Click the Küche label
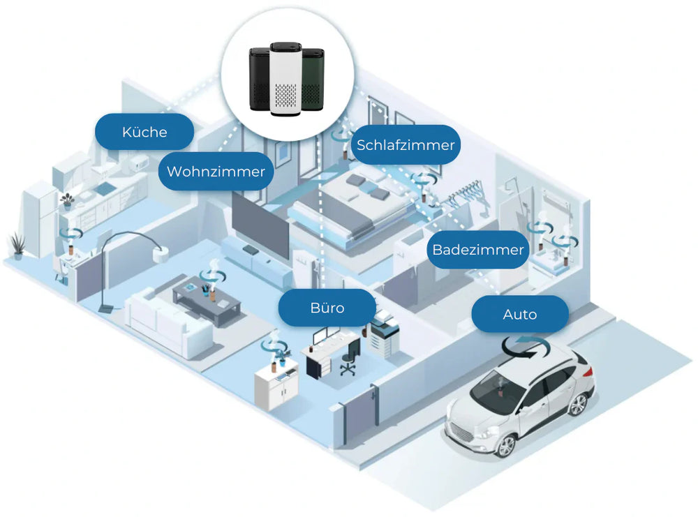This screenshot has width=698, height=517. tap(144, 132)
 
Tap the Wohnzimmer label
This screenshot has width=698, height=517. tap(216, 172)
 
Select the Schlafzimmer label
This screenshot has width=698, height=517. tap(406, 145)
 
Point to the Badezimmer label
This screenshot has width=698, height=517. tap(477, 250)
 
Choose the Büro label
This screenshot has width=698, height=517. tap(327, 308)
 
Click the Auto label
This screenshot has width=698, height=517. tap(520, 315)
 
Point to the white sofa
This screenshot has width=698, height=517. tap(168, 322)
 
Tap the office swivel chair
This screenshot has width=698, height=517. tap(348, 361)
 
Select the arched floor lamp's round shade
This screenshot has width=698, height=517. tap(162, 253)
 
